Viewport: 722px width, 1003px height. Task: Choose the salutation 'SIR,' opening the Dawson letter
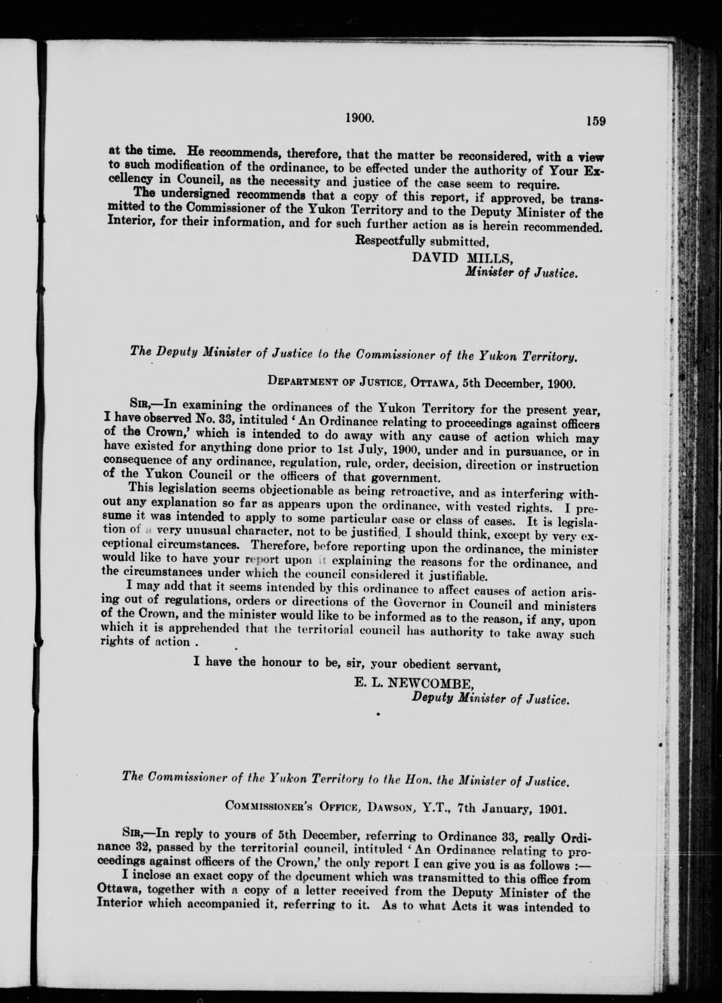click(132, 835)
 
